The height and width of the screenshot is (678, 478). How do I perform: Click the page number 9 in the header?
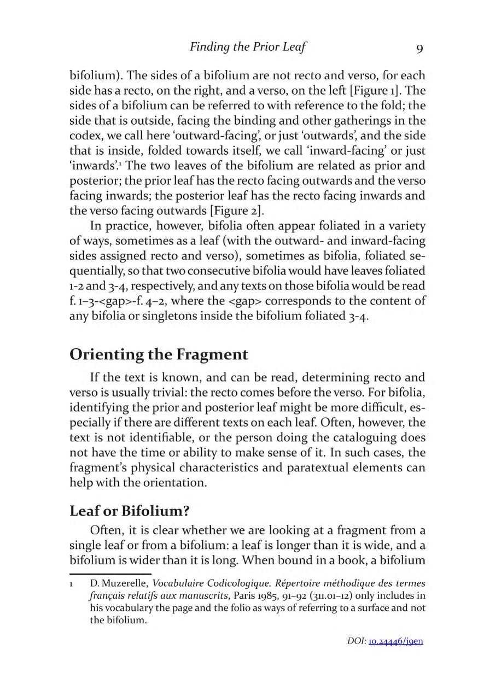click(419, 48)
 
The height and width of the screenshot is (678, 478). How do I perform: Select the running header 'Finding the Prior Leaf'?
click(247, 47)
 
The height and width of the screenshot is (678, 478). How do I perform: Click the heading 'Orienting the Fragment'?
click(159, 354)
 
